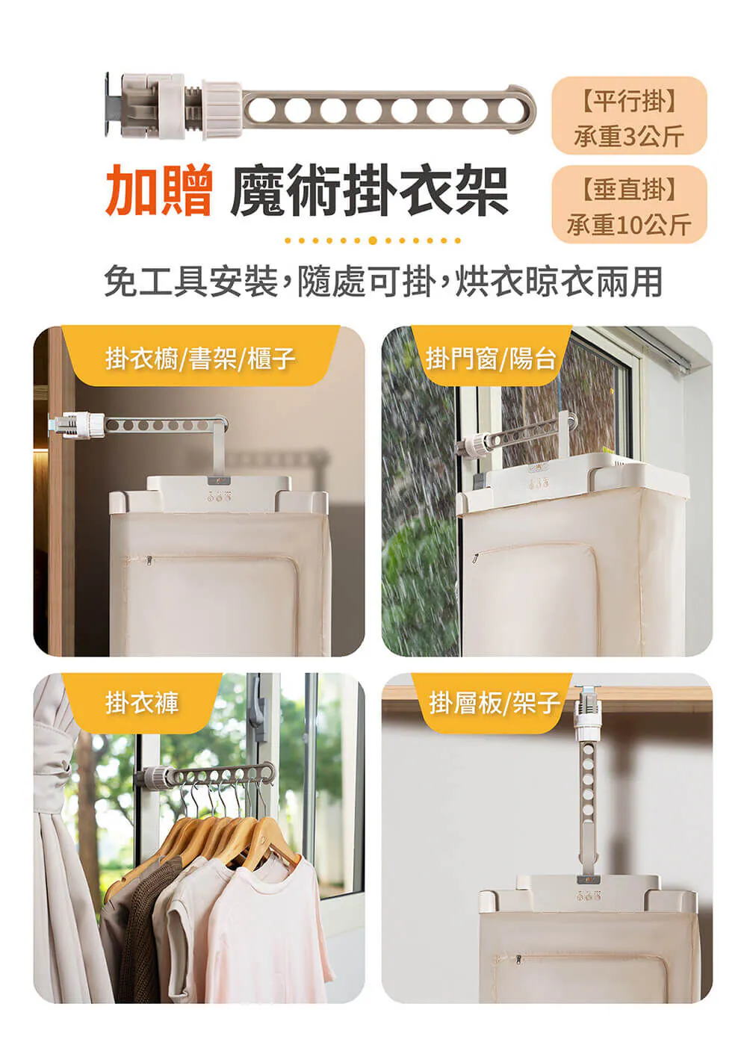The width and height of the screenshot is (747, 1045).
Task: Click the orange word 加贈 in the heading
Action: pyautogui.click(x=159, y=190)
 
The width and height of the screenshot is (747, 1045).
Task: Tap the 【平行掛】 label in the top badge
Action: pyautogui.click(x=629, y=102)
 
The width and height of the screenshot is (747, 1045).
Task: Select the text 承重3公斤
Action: pyautogui.click(x=629, y=136)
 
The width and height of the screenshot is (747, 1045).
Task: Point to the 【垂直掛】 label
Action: pyautogui.click(x=629, y=190)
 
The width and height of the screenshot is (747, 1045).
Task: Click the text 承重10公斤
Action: pyautogui.click(x=629, y=225)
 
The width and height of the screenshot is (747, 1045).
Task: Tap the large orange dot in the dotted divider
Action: pyautogui.click(x=372, y=241)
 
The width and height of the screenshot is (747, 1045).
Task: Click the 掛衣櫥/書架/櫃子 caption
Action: pyautogui.click(x=200, y=359)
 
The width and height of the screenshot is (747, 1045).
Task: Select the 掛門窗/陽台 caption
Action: pyautogui.click(x=491, y=359)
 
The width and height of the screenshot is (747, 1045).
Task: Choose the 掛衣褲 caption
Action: pyautogui.click(x=142, y=702)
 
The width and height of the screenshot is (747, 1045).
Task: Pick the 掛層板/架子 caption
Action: pyautogui.click(x=494, y=702)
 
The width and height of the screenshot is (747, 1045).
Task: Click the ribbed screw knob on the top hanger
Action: pyautogui.click(x=222, y=110)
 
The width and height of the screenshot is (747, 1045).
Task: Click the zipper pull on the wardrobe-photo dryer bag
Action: pyautogui.click(x=149, y=559)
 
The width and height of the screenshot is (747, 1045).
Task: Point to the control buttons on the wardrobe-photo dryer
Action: pyautogui.click(x=219, y=497)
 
